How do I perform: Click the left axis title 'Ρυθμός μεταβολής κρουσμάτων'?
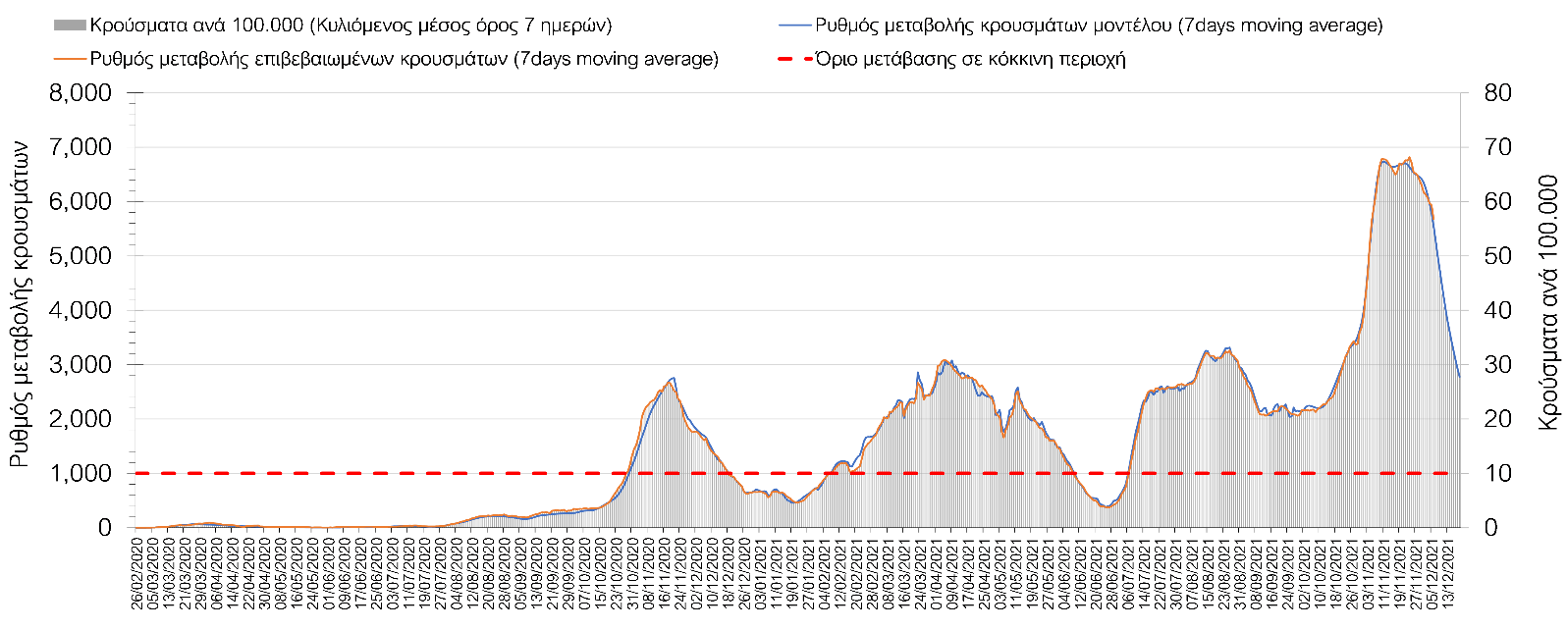point(20,303)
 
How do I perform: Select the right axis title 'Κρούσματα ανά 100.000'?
point(1548,302)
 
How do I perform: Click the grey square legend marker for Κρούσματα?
point(71,26)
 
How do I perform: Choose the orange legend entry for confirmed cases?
point(403,59)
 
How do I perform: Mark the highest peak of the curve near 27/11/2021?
point(1410,157)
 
